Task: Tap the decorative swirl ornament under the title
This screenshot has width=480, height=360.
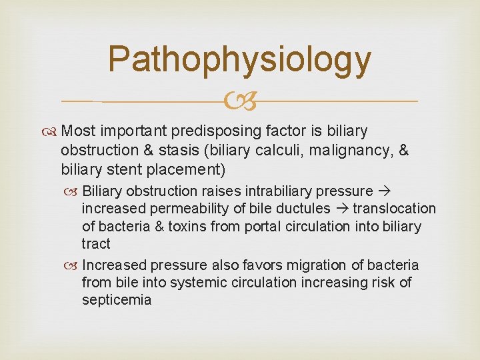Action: click(239, 101)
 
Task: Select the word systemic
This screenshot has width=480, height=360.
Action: click(196, 282)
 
